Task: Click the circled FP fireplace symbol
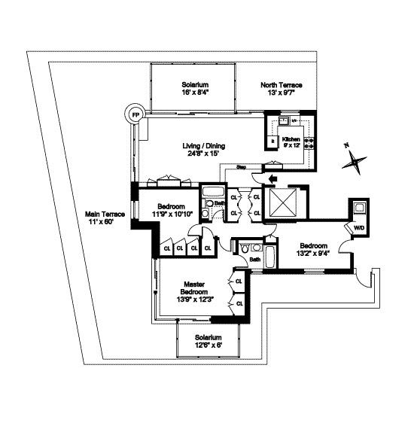135,114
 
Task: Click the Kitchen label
291,139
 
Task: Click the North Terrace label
280,85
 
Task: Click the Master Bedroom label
194,289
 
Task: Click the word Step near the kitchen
242,166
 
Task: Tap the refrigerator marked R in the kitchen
272,141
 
